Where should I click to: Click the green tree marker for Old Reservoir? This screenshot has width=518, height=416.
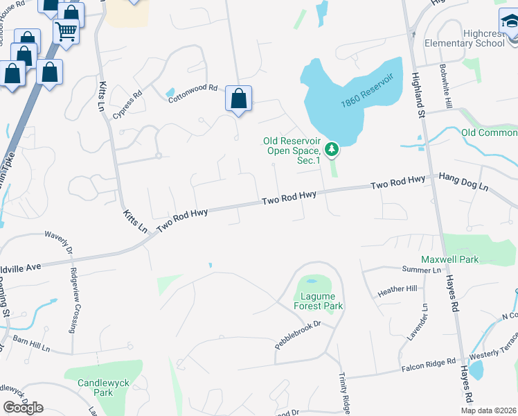[332, 148]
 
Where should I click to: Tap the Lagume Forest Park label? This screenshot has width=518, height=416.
[319, 300]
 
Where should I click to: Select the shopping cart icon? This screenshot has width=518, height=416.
[66, 31]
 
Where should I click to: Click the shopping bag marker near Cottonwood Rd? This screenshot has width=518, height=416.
[238, 98]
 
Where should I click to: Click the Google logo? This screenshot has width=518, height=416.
[23, 408]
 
